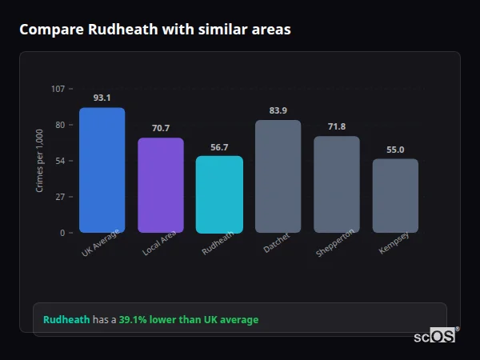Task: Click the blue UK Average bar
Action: pos(102,170)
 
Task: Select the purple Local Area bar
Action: pos(161,185)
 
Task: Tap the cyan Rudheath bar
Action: pos(219,194)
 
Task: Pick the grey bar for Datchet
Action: pos(278,176)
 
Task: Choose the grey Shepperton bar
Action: pos(336,184)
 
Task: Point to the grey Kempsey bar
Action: pos(395,195)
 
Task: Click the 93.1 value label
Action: pos(102,98)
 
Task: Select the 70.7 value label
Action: pos(161,128)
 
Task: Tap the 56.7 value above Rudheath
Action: pos(219,146)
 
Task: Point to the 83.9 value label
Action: pos(278,110)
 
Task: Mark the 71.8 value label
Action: pos(336,126)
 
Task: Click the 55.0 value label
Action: pos(395,150)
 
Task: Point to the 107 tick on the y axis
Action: pos(58,89)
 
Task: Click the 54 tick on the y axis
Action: pos(60,161)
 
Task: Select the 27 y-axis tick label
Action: pos(60,197)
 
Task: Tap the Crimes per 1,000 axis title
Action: pos(40,161)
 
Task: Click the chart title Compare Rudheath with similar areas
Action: pos(154,30)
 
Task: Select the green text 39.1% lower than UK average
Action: pos(189,320)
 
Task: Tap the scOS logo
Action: pos(435,336)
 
